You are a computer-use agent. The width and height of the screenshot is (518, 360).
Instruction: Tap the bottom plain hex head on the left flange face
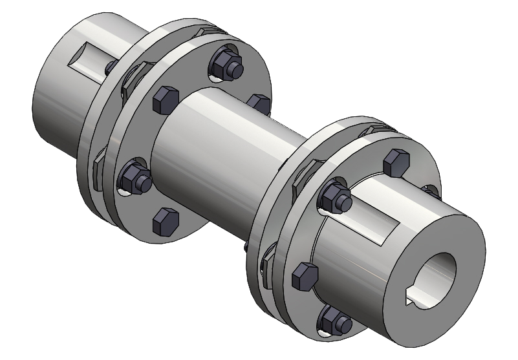click(166, 221)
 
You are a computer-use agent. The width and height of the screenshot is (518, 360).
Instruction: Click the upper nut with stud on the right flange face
click(335, 195)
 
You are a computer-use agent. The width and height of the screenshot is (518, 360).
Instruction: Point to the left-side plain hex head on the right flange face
click(304, 277)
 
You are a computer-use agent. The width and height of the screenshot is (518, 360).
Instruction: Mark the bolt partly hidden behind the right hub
click(430, 192)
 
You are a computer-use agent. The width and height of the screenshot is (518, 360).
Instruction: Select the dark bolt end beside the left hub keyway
click(110, 67)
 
